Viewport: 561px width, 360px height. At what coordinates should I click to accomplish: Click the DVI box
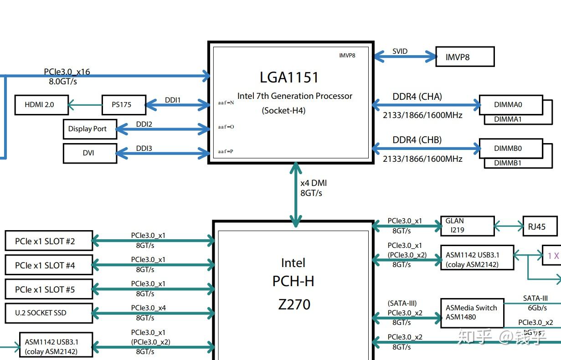pos(89,153)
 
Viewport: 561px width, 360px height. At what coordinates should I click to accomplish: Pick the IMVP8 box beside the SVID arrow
pos(464,57)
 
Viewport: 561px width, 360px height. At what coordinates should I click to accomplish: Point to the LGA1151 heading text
pos(289,77)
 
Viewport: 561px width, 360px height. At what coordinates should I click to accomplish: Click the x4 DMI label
pos(314,183)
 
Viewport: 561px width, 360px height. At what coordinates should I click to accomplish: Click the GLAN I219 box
pos(467,226)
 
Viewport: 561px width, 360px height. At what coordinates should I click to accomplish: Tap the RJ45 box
pos(540,226)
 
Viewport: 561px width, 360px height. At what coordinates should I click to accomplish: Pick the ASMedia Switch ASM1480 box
pos(472,313)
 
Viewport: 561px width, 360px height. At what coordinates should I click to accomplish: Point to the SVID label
pos(400,51)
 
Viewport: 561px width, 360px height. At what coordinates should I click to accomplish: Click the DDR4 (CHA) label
pos(417,97)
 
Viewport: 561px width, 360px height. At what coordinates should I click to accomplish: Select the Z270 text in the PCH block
pos(294,304)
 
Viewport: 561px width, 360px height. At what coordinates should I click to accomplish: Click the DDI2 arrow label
pos(144,124)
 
